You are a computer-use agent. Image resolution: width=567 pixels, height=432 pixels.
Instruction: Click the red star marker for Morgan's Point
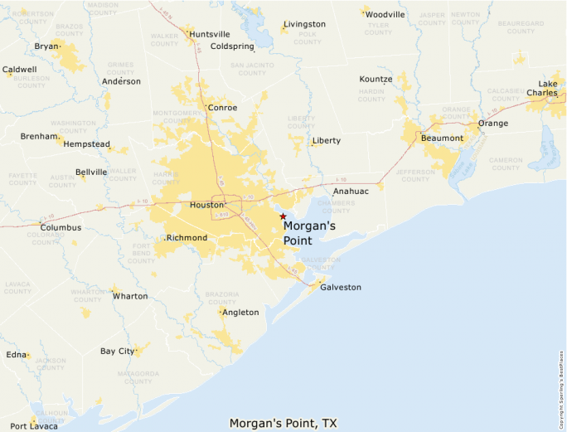283,216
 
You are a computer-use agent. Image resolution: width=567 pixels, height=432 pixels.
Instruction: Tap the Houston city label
206,205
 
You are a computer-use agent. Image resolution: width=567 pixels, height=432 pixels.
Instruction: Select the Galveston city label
341,287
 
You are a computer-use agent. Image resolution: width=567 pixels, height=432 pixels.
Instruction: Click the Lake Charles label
548,88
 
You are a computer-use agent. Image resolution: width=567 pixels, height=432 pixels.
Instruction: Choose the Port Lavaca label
34,425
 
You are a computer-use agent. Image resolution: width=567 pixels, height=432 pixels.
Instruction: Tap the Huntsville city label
210,34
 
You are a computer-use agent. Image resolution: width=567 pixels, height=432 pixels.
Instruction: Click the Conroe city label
223,108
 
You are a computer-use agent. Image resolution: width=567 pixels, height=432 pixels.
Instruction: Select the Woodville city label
385,15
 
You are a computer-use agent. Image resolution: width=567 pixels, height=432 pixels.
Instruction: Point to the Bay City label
117,351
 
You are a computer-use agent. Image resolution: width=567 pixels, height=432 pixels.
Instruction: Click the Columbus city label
61,227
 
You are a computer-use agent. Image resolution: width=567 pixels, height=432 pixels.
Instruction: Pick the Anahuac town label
351,190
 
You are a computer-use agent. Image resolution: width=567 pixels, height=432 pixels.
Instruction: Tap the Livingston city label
304,24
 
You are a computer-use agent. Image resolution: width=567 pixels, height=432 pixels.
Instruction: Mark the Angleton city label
240,313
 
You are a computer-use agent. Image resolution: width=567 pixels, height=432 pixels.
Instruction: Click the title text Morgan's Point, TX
283,423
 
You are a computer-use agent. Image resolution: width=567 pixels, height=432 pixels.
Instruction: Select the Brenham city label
38,136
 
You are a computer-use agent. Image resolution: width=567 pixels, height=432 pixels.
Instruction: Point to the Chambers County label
337,206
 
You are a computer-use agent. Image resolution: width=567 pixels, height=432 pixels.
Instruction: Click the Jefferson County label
414,175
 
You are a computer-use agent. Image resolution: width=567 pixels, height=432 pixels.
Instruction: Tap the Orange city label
493,124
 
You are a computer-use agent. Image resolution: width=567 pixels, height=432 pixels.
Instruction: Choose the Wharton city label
130,296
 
